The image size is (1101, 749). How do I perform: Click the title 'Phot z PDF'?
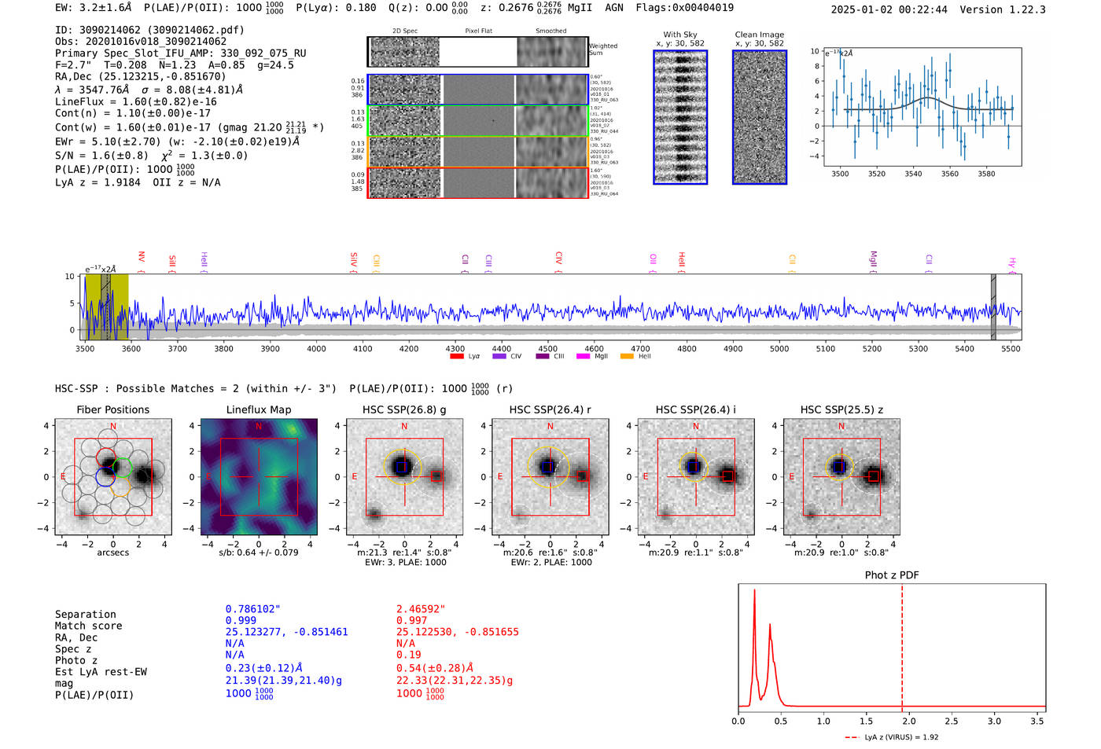point(892,575)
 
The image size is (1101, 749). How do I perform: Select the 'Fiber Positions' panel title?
point(112,409)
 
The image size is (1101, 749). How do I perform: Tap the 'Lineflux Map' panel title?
point(259,409)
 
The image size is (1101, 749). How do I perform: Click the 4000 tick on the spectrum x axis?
point(316,349)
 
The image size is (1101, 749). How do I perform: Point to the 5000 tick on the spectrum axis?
point(779,349)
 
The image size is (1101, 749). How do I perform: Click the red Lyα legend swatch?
point(457,357)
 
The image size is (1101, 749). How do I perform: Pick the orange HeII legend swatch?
point(627,357)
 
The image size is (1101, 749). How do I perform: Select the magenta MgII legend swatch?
point(583,357)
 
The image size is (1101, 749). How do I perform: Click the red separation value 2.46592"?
point(421,609)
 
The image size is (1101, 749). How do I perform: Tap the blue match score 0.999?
point(241,621)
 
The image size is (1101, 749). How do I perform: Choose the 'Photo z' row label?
point(76,660)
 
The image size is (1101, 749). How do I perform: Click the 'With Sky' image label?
point(680,35)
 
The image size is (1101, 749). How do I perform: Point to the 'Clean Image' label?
point(760,35)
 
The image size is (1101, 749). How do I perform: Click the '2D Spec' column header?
point(405,31)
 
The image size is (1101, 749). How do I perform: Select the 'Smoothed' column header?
point(551,31)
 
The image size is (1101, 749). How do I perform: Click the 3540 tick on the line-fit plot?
point(913,174)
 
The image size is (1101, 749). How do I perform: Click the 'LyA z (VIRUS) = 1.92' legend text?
point(901,737)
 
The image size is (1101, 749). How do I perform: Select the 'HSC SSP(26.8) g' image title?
point(404,409)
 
